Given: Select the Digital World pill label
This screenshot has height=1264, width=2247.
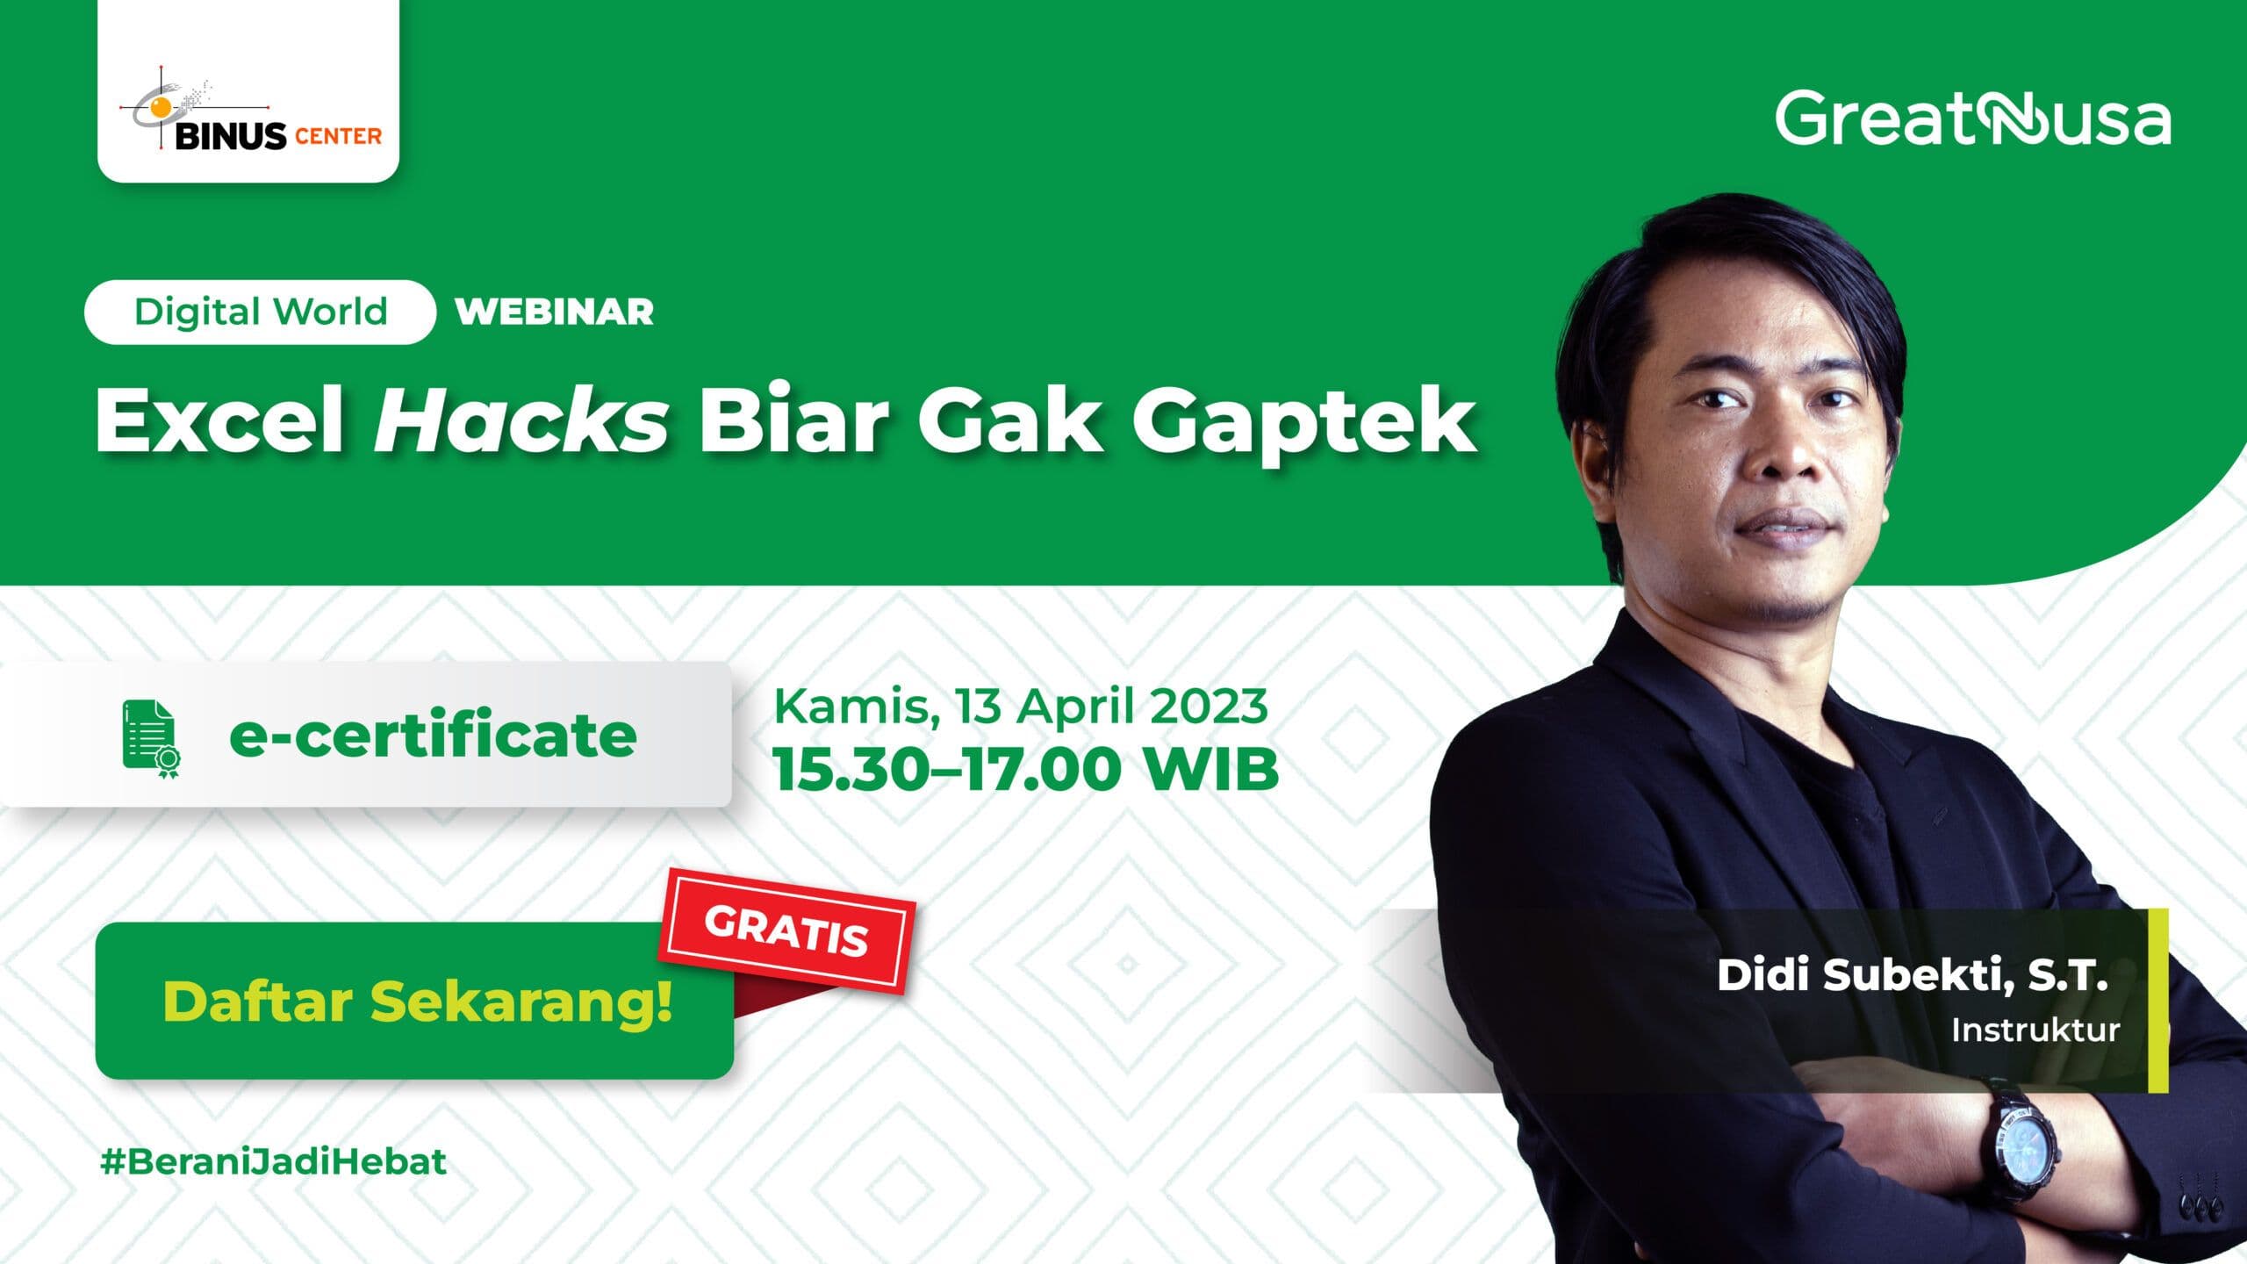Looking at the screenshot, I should pyautogui.click(x=261, y=312).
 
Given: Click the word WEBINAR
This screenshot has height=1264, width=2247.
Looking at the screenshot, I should pyautogui.click(x=555, y=312).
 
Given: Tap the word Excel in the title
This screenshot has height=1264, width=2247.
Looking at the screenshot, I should pyautogui.click(x=219, y=421).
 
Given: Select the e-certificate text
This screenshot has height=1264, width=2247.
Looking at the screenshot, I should pyautogui.click(x=433, y=736).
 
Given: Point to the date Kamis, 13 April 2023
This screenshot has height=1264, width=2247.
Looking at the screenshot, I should pyautogui.click(x=1020, y=706).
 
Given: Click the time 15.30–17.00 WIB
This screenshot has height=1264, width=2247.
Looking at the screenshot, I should pyautogui.click(x=1025, y=770).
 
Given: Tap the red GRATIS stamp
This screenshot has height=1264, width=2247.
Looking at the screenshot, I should pyautogui.click(x=786, y=930).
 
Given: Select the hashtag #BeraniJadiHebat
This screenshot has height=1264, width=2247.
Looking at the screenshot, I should pyautogui.click(x=274, y=1161).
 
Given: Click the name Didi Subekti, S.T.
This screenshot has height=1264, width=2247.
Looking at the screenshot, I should pyautogui.click(x=1912, y=976).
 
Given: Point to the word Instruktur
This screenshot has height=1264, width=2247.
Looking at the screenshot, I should pyautogui.click(x=2035, y=1030).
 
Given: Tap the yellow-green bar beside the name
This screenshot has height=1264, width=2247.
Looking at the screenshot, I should pyautogui.click(x=2157, y=1001).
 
